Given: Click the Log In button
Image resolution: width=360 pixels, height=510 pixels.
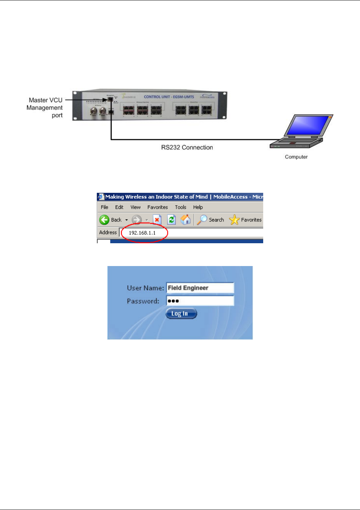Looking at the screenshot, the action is click(x=181, y=314).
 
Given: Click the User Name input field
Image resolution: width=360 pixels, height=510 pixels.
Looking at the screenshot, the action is click(x=200, y=288).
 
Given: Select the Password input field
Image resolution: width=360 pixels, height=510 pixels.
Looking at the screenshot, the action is click(x=200, y=301).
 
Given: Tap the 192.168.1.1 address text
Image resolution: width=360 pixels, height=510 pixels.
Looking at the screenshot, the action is click(x=142, y=233).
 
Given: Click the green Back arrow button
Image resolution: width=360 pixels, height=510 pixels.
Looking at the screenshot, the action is click(x=105, y=220).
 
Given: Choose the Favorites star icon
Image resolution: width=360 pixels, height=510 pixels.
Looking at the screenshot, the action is click(x=234, y=220).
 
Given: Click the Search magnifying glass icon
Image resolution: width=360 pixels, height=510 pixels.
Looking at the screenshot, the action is click(x=202, y=220).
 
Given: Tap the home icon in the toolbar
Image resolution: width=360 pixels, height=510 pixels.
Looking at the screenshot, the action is click(x=186, y=220).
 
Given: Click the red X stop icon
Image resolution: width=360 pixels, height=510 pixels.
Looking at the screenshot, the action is click(x=157, y=220).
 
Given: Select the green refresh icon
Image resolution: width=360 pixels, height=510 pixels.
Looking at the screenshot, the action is click(x=171, y=220).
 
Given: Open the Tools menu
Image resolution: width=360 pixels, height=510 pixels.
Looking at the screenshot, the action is click(x=180, y=207).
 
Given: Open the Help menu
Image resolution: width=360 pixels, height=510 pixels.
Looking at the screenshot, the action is click(x=198, y=207).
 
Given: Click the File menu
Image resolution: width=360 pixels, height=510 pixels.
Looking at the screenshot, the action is click(x=105, y=207).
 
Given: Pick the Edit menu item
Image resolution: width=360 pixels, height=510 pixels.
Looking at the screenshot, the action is click(x=119, y=207).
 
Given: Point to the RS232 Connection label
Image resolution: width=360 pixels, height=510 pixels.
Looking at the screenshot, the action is click(x=187, y=148).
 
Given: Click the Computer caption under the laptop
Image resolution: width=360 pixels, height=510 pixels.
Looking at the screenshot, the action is click(x=296, y=157).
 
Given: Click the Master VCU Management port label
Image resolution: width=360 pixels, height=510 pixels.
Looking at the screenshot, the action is click(x=45, y=107).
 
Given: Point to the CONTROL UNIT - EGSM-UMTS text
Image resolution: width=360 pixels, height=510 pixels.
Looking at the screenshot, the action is click(x=169, y=97).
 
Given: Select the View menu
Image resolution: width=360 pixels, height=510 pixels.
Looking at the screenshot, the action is click(x=135, y=207).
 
